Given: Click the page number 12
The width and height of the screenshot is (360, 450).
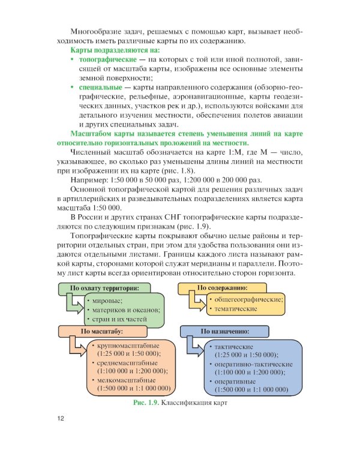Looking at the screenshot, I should tap(61, 418).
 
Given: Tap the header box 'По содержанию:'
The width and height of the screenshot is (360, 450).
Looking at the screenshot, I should tap(226, 288).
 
